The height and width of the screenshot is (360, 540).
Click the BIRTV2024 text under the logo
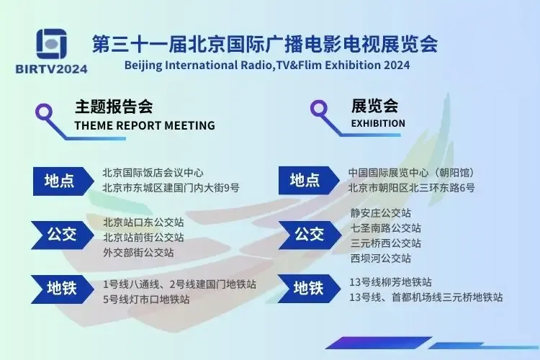coord(52,69)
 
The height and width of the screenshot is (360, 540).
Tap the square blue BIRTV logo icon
coord(52,44)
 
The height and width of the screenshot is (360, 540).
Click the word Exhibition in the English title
coord(353,65)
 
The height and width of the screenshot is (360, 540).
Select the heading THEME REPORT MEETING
coord(145,125)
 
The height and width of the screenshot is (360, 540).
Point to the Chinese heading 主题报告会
coord(114,107)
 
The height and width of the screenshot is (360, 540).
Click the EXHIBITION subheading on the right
coord(378,123)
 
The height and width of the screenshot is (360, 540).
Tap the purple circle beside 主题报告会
coord(44,112)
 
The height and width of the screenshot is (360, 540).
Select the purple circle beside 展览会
coord(319,109)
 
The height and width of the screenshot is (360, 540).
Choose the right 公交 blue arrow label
coord(310,235)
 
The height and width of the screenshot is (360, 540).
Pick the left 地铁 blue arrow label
coord(63,289)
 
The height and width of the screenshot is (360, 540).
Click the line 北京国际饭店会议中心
coord(153,173)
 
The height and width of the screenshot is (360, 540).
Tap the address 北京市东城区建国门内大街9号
coord(171,188)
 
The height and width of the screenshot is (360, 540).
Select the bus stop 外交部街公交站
coord(138,253)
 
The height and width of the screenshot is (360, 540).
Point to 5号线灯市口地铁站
coord(146,300)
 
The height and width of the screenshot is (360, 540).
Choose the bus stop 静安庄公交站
coord(381,213)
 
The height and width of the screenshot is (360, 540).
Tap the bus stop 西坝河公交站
coord(381,258)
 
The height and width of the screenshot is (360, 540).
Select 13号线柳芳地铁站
coord(390,282)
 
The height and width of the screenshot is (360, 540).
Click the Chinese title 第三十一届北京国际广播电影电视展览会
coord(265,45)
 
